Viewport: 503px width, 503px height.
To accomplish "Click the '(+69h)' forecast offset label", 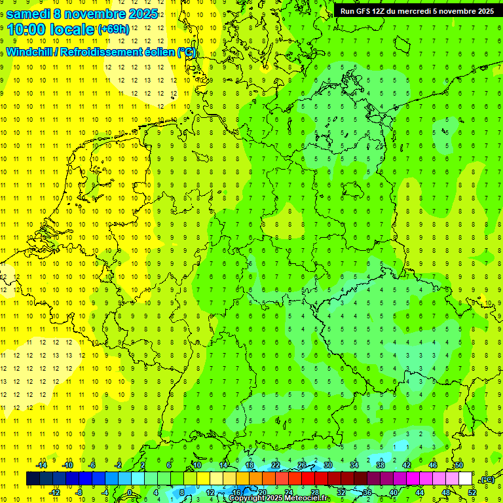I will click(x=113, y=29).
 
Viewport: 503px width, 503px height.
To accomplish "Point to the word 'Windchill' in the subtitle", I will click(x=31, y=52).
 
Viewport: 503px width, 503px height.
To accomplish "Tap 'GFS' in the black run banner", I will click(x=361, y=11).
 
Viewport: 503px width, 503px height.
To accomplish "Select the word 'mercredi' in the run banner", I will click(x=420, y=11).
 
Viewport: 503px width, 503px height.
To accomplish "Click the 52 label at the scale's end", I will click(x=472, y=492).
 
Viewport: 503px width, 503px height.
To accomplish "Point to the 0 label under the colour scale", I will click(x=130, y=492).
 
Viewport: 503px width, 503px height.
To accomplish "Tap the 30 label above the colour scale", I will click(x=327, y=465).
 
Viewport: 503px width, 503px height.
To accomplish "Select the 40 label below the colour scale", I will click(x=394, y=492).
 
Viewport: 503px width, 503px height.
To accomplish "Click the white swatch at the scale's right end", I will click(x=465, y=479).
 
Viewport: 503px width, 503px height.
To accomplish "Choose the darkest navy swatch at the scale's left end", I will click(x=33, y=479).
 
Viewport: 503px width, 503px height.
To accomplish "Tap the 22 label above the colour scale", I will click(x=275, y=465).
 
